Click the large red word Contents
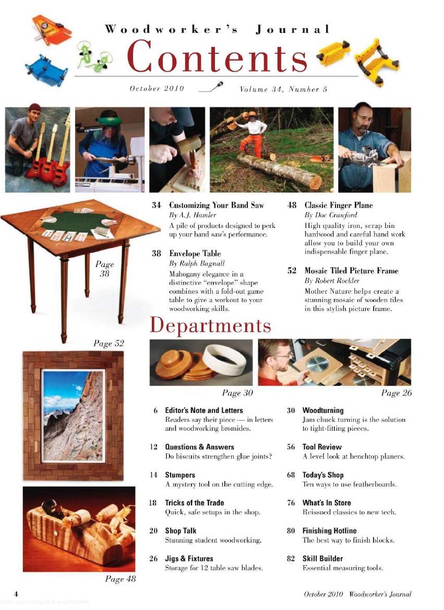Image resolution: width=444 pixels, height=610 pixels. point(217,57)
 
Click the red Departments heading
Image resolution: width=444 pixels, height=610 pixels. point(210,326)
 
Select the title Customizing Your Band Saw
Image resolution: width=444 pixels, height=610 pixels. point(216,205)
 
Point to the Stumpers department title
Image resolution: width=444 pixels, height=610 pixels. point(180,475)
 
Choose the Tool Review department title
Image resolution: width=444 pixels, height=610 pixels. point(322,447)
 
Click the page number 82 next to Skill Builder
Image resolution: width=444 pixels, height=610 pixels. point(292,559)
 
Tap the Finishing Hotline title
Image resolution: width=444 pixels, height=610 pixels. point(329,531)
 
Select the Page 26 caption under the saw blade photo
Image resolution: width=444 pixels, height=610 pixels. point(396,393)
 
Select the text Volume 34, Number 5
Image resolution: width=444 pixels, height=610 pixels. point(283,89)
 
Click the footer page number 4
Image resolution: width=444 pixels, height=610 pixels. point(17,594)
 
